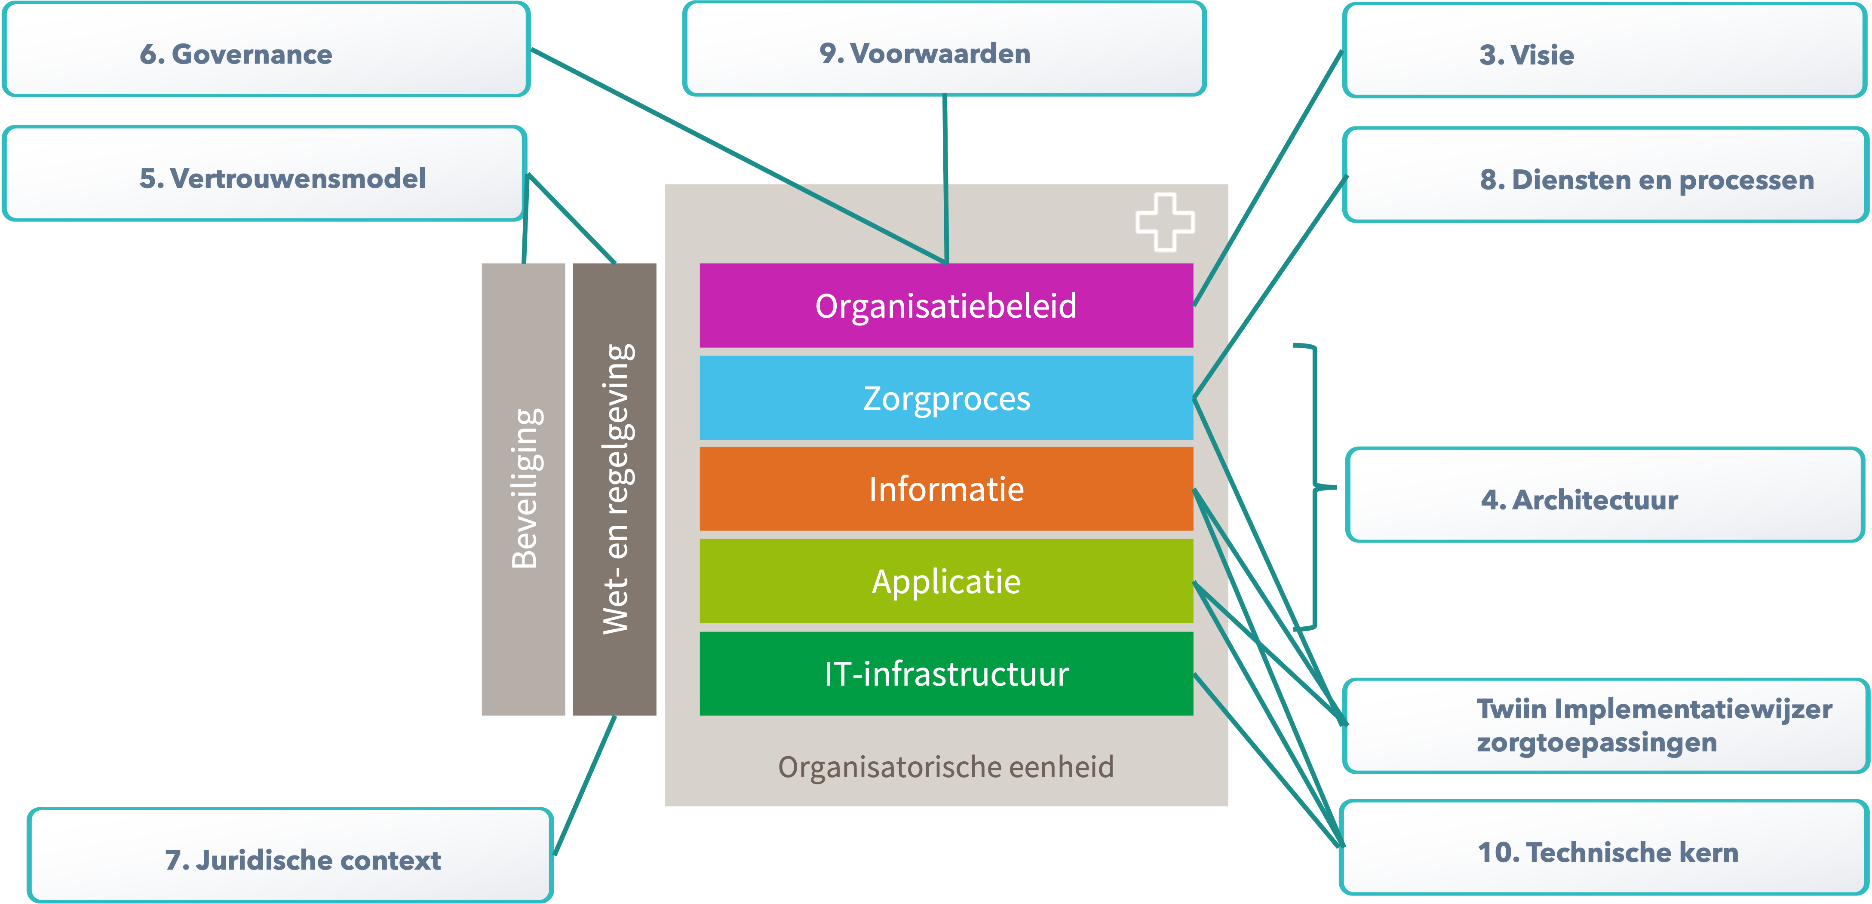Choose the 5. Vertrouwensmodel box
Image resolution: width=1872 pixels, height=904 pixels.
[x=264, y=175]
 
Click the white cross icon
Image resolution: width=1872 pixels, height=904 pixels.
[x=1165, y=222]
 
